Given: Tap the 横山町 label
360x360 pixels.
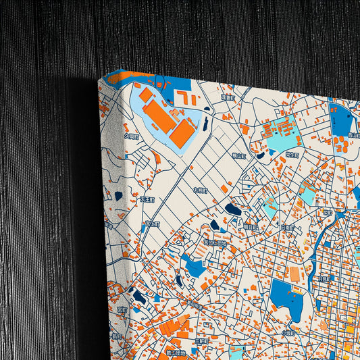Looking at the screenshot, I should click(238, 156).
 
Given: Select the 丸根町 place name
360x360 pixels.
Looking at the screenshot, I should click(201, 190).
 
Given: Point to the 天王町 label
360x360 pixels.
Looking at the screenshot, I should click(147, 200).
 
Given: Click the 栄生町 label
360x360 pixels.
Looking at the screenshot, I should click(292, 155).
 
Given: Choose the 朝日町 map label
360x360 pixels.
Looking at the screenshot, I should click(251, 226).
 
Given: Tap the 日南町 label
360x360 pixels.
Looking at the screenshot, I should click(288, 228).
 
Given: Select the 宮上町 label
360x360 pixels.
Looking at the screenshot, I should click(153, 224).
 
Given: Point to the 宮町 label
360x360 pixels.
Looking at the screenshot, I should click(122, 310).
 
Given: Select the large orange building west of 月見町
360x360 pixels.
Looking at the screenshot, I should click(294, 274).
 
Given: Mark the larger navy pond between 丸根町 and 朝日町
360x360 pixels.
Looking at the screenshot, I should click(233, 209).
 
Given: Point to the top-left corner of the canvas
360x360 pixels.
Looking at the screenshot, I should click(99, 79).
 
